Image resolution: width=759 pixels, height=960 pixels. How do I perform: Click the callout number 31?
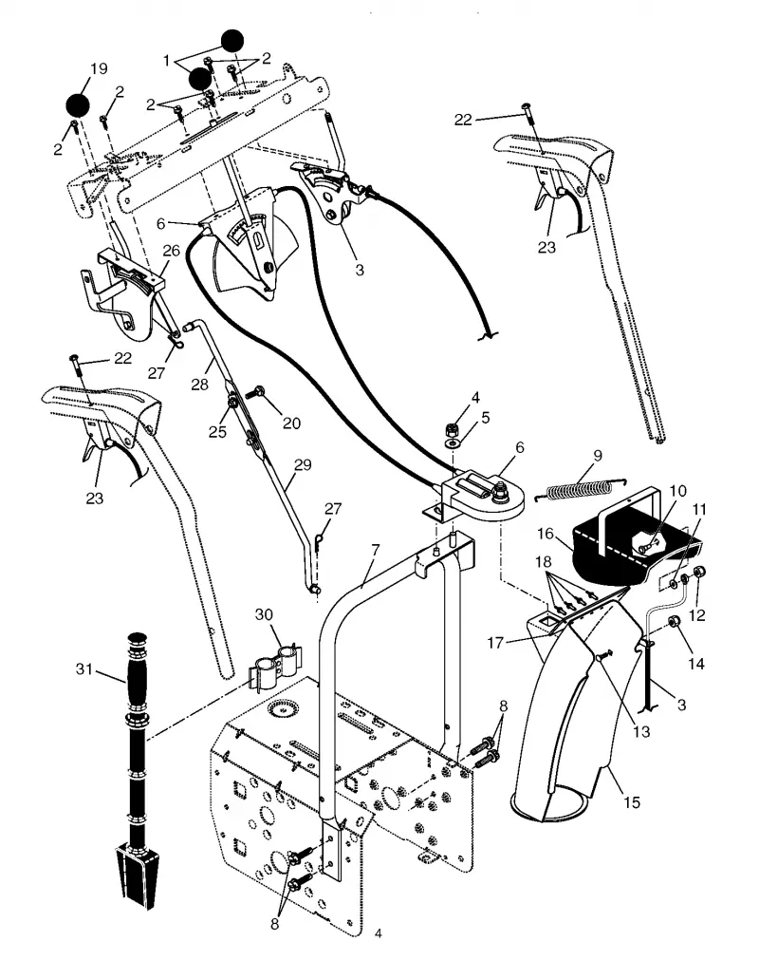click(84, 669)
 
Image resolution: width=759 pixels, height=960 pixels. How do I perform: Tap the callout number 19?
click(99, 68)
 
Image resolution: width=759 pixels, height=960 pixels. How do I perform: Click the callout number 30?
click(264, 614)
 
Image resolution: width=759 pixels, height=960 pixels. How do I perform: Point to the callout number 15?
click(631, 802)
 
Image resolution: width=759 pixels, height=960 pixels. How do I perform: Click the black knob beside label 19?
click(79, 104)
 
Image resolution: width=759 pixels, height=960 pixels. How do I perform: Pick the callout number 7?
click(376, 551)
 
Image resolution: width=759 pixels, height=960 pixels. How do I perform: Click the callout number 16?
click(546, 534)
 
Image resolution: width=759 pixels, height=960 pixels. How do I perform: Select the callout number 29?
click(303, 464)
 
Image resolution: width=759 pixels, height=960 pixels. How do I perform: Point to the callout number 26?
click(171, 250)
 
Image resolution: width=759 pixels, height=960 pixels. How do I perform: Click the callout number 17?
click(495, 642)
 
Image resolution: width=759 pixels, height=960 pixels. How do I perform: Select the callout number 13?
click(641, 731)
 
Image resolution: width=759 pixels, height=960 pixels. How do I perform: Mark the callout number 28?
click(200, 385)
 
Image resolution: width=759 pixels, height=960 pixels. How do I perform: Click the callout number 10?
click(678, 490)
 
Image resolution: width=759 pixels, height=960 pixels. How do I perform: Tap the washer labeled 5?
click(454, 442)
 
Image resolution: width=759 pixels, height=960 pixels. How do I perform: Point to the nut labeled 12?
click(701, 573)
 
